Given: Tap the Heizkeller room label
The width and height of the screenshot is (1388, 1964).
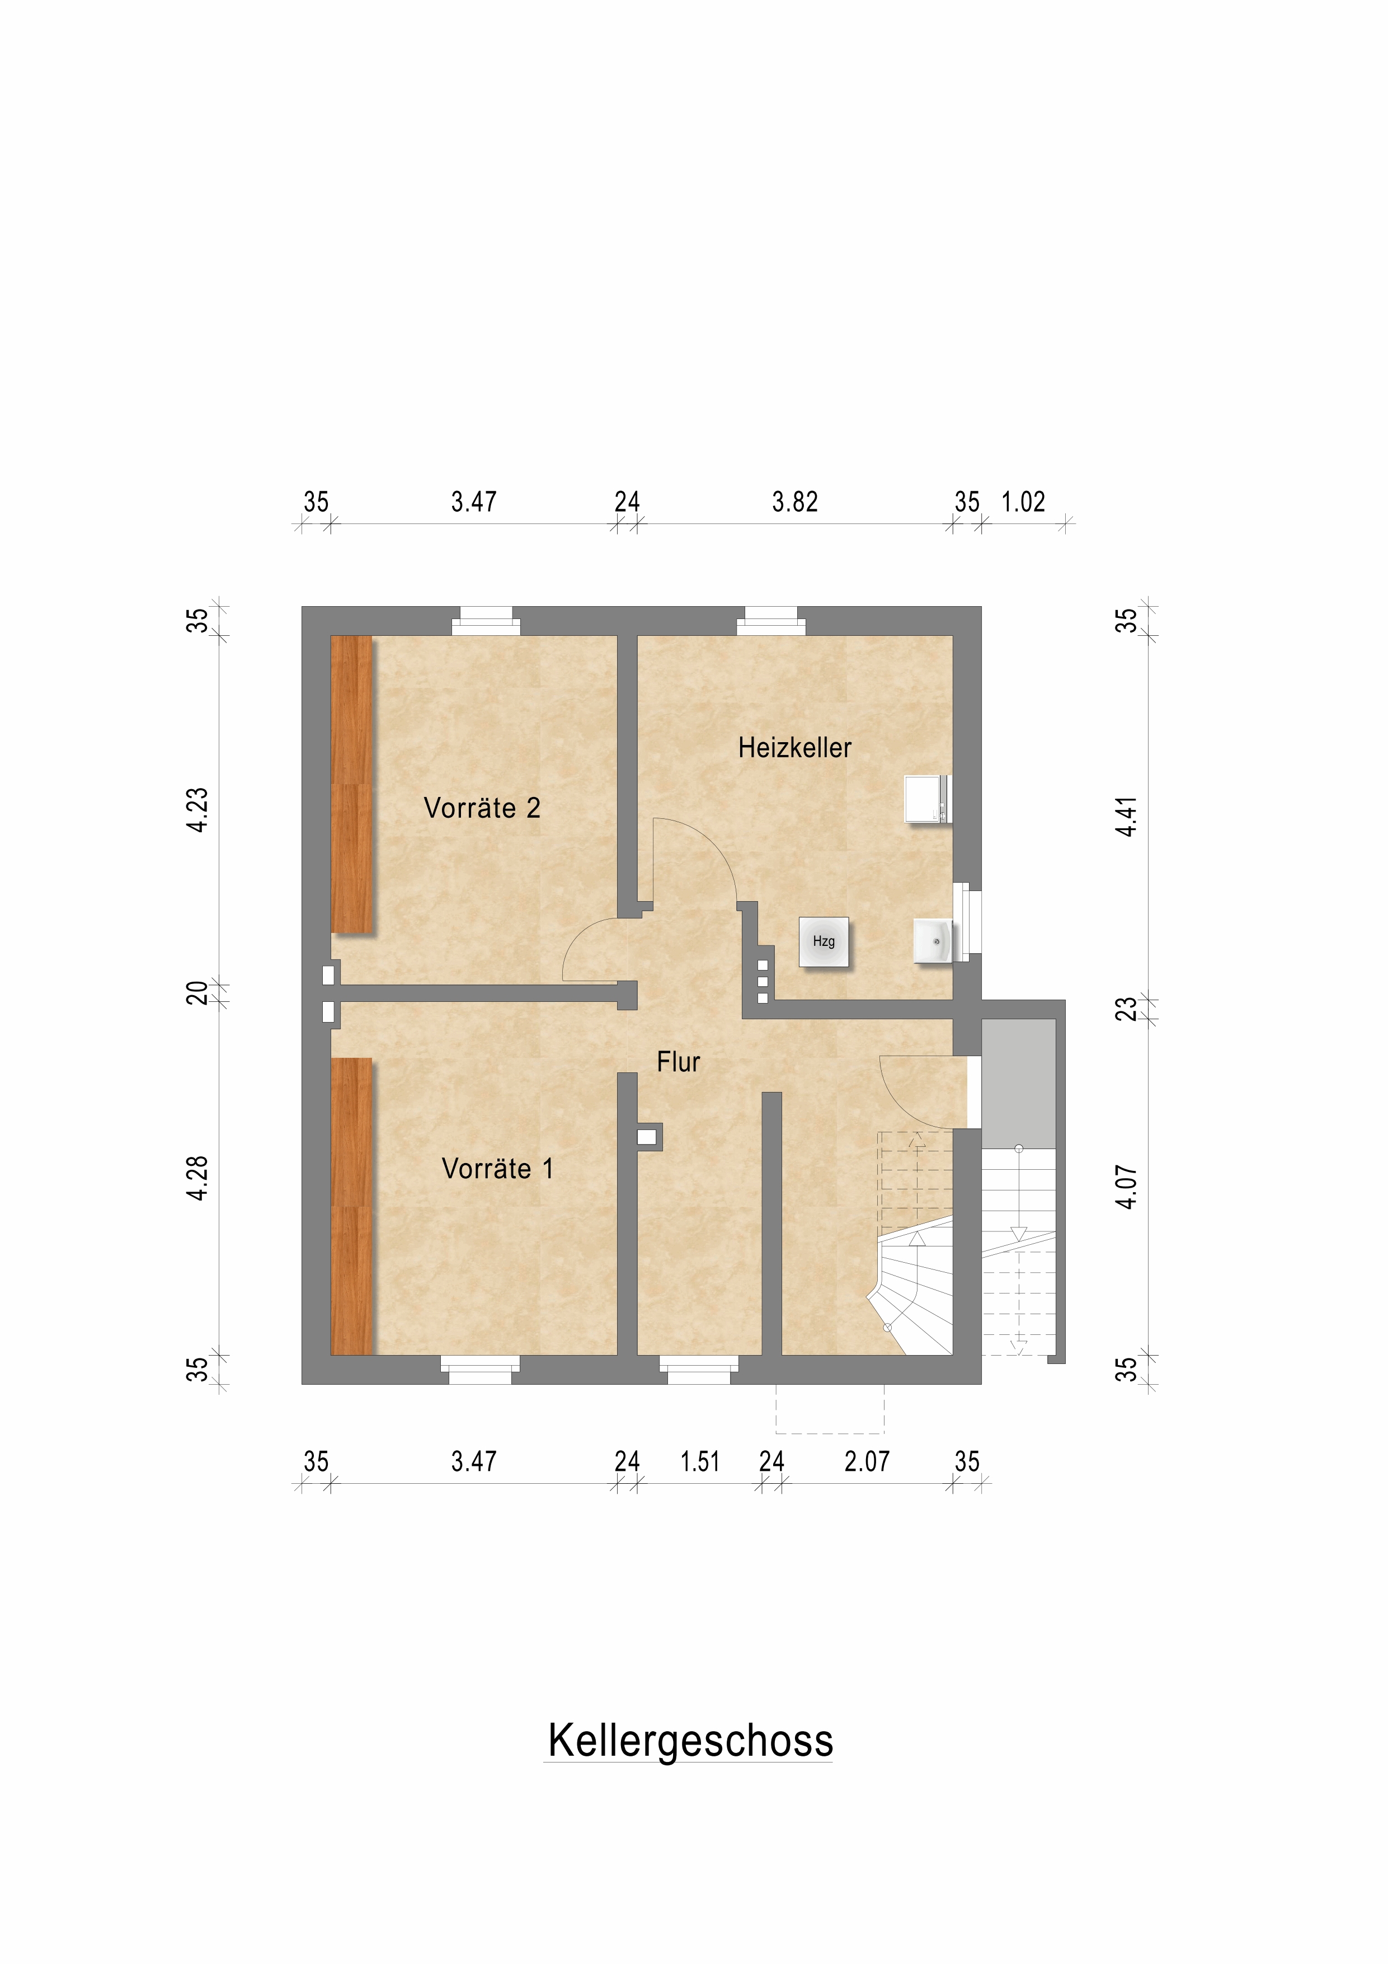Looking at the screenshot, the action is pyautogui.click(x=794, y=748).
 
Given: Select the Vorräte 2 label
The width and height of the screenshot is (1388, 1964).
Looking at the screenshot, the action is pyautogui.click(x=482, y=808).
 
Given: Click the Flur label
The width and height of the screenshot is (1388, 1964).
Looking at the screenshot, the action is pyautogui.click(x=678, y=1062).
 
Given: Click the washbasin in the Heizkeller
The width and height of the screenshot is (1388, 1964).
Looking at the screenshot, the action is pyautogui.click(x=933, y=941).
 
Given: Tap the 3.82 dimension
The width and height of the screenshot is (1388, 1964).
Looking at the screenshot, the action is pyautogui.click(x=794, y=501).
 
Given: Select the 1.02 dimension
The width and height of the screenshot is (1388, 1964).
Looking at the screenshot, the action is pyautogui.click(x=1023, y=501).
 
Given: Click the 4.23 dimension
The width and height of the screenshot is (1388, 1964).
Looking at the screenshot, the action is pyautogui.click(x=197, y=809).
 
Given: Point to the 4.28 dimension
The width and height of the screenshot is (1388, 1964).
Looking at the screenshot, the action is pyautogui.click(x=197, y=1178).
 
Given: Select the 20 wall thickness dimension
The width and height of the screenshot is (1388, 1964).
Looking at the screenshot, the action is pyautogui.click(x=197, y=993).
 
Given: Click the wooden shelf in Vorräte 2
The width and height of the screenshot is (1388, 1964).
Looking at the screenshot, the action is pyautogui.click(x=351, y=784).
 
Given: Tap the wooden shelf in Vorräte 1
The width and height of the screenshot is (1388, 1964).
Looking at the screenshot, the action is pyautogui.click(x=351, y=1206).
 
